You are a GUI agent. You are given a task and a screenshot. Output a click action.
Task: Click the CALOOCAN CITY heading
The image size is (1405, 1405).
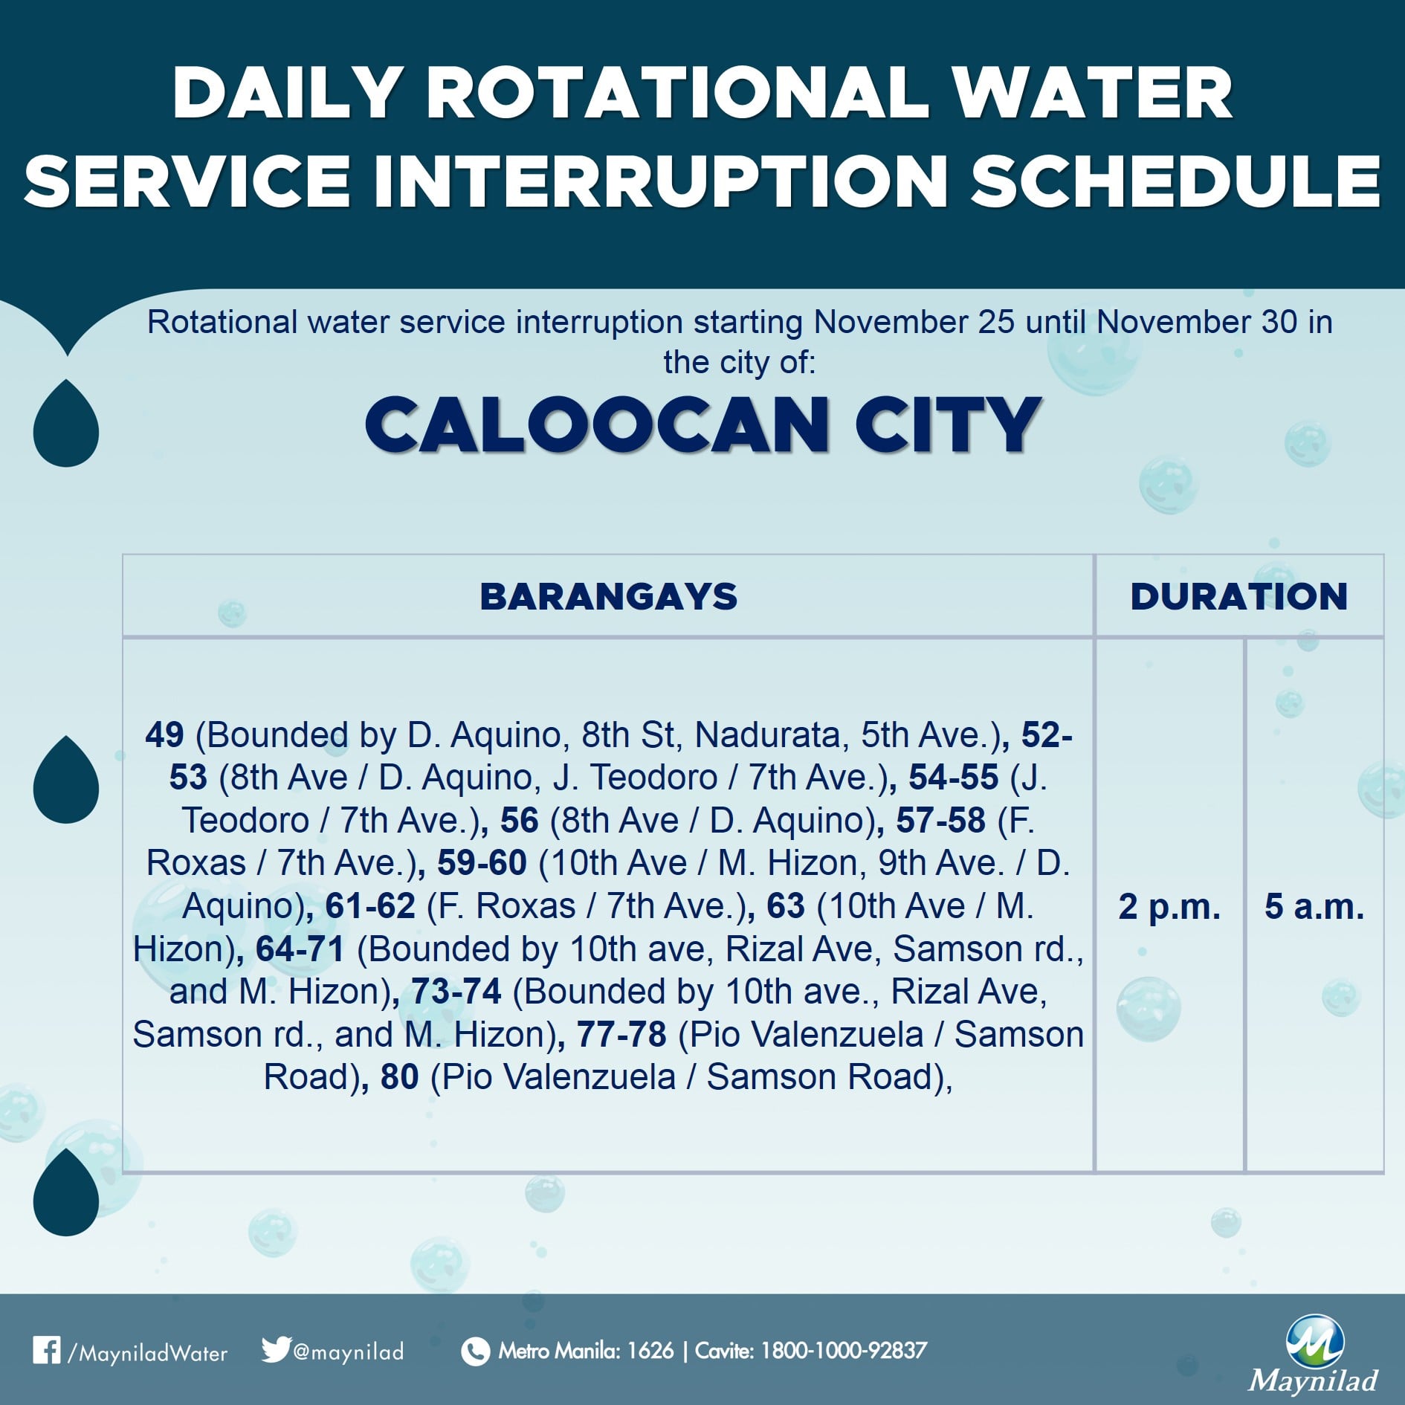702,424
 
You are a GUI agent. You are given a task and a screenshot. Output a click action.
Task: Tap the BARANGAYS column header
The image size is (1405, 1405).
609,596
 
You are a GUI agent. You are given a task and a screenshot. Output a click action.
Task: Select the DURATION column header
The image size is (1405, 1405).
1239,596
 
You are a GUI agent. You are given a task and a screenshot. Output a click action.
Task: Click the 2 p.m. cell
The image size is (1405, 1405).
1169,906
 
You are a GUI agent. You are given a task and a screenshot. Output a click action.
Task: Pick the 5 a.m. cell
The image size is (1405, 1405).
1314,906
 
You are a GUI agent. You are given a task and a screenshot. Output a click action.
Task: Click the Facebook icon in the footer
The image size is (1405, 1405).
46,1350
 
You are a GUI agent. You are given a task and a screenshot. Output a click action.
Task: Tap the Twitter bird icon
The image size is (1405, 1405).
275,1349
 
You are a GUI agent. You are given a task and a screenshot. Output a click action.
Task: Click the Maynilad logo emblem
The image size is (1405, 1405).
1314,1341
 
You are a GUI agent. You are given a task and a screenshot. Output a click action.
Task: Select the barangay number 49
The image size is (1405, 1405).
164,734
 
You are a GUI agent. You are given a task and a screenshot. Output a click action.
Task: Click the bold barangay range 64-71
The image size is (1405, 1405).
300,949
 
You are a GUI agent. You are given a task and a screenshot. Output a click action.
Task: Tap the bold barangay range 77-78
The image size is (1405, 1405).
621,1034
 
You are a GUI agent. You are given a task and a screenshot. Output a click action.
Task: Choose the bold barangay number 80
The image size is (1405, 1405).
400,1076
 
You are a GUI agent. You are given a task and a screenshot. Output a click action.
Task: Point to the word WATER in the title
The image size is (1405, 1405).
1092,93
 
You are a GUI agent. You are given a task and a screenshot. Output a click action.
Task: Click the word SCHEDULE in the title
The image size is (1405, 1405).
1176,181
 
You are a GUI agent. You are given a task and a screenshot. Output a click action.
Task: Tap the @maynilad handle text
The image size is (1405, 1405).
349,1351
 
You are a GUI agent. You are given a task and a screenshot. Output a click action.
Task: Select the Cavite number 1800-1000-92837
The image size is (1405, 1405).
844,1350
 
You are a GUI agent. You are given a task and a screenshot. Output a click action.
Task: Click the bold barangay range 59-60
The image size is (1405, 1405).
482,863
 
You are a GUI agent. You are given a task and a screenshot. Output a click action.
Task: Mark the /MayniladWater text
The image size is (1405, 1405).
147,1352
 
